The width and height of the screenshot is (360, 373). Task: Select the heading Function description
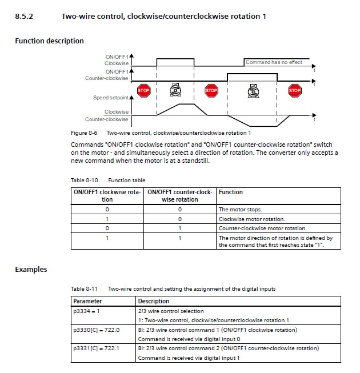pos(49,41)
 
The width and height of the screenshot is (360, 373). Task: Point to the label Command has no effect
pos(274,62)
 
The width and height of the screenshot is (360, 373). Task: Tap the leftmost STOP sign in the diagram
pos(143,90)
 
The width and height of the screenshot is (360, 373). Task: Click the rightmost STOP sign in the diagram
pos(294,90)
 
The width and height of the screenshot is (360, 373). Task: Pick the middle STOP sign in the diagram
pos(211,90)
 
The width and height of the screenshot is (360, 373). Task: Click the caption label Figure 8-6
pos(84,133)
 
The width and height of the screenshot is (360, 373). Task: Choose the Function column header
pos(231,192)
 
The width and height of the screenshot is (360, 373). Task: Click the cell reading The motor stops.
pos(241,210)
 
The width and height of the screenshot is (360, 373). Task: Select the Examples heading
pos(31,270)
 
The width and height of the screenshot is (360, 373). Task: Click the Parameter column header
pos(88,301)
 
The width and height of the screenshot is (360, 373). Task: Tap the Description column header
pos(154,301)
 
